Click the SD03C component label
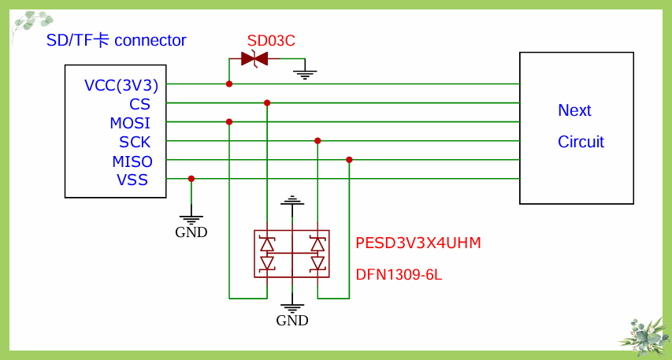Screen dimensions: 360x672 pos(271,41)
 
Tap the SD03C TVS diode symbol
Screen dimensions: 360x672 pos(254,58)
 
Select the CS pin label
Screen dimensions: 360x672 pos(139,104)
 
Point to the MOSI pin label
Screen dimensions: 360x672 pos(130,123)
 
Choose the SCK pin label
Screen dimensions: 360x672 pos(135,143)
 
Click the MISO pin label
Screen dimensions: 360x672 pos(132,161)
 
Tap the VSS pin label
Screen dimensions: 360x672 pos(132,180)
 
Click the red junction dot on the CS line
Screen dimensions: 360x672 pos(267,102)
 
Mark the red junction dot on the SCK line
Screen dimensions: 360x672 pos(317,141)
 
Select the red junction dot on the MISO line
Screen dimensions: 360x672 pos(349,160)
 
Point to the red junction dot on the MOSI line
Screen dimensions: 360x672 pos(229,121)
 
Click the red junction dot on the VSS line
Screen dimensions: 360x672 pos(191,179)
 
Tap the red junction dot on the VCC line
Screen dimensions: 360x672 pos(229,84)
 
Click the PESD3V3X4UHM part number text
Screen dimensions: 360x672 pos(418,243)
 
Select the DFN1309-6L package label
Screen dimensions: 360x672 pos(399,275)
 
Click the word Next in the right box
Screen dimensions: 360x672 pos(574,110)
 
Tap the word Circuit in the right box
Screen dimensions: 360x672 pos(581,142)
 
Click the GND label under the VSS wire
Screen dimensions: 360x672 pos(191,232)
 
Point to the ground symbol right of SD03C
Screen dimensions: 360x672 pos(305,73)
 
